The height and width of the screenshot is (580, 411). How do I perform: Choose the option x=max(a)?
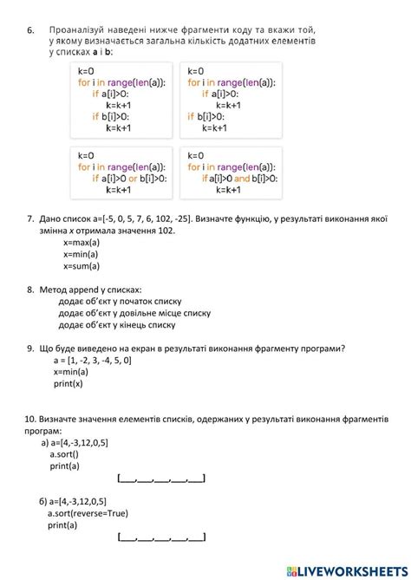pyautogui.click(x=82, y=243)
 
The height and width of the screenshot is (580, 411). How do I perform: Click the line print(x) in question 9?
pyautogui.click(x=68, y=383)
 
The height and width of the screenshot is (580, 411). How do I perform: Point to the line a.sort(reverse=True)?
pyautogui.click(x=88, y=513)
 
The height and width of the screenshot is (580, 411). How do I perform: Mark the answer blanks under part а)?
pyautogui.click(x=161, y=478)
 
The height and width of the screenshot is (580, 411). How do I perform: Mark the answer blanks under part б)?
pyautogui.click(x=161, y=538)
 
